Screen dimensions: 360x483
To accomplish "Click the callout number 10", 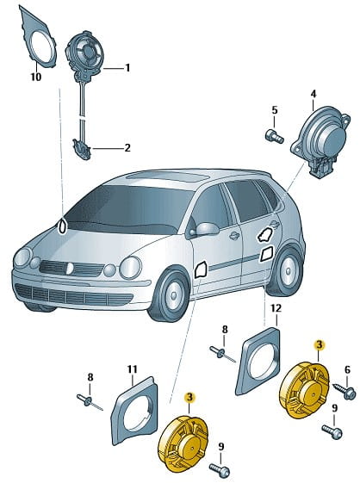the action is pos(36,77).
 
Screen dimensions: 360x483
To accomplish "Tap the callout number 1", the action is pos(127,68).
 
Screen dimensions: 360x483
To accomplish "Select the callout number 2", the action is pos(127,148).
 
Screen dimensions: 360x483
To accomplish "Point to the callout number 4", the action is pos(313,94).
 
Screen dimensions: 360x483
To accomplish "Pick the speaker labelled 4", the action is pos(320,140).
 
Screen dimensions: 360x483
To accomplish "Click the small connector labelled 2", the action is pos(81,150).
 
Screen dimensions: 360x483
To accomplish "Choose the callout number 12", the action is pos(276,308).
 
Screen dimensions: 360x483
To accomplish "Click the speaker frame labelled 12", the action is pos(258,360).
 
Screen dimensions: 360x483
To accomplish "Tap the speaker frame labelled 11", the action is pos(133,410).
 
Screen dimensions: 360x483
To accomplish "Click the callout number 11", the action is pos(132,368).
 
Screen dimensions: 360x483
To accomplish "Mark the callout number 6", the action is pos(347,370).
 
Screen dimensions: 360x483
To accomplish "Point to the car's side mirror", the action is pos(207,228).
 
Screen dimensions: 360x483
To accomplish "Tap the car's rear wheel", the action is pos(285,271).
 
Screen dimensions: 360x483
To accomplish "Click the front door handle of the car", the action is pos(234,236).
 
